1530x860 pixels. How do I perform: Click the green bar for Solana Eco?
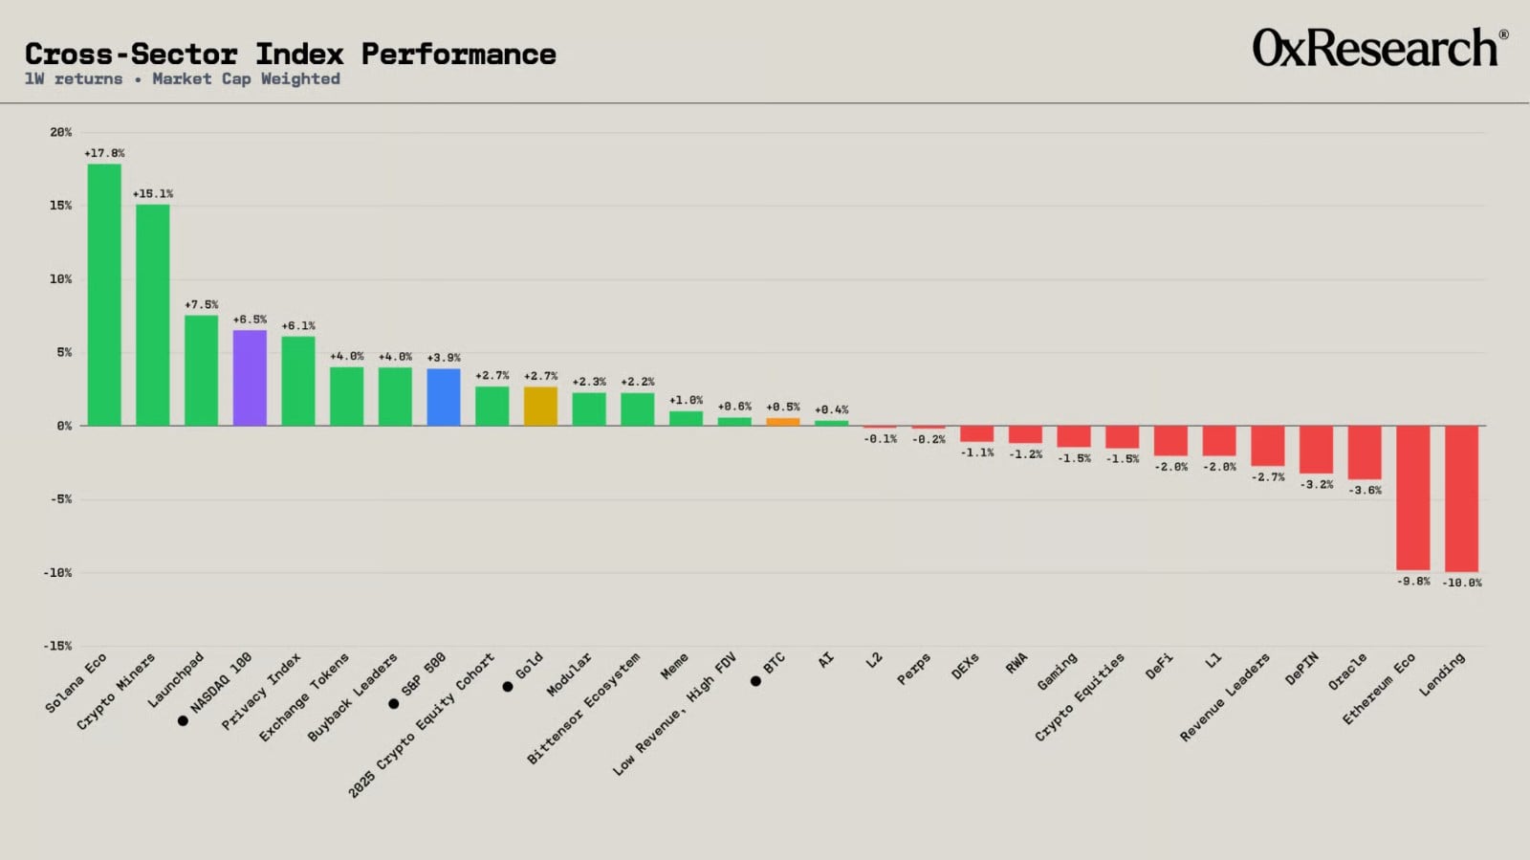pyautogui.click(x=104, y=295)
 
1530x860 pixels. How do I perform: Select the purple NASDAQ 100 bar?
pyautogui.click(x=250, y=378)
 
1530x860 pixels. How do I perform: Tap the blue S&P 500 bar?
pyautogui.click(x=444, y=397)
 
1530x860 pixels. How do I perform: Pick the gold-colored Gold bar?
pyautogui.click(x=541, y=406)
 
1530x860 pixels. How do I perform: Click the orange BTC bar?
pyautogui.click(x=783, y=422)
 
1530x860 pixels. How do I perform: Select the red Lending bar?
pyautogui.click(x=1462, y=498)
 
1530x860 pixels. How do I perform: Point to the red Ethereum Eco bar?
pyautogui.click(x=1413, y=497)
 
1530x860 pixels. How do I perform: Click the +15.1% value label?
pyautogui.click(x=153, y=194)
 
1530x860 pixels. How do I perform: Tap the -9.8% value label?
pyautogui.click(x=1413, y=582)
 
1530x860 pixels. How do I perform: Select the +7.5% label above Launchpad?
pyautogui.click(x=202, y=304)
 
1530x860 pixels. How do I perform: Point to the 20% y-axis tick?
pyautogui.click(x=61, y=133)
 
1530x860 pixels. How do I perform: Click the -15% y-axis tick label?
pyautogui.click(x=57, y=646)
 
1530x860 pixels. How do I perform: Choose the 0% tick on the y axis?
pyautogui.click(x=64, y=427)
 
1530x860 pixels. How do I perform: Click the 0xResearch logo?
pyautogui.click(x=1381, y=47)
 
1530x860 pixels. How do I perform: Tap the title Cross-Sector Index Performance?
pyautogui.click(x=291, y=54)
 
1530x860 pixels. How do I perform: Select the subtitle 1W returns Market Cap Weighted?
pyautogui.click(x=183, y=78)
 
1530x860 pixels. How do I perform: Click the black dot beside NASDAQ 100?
pyautogui.click(x=183, y=720)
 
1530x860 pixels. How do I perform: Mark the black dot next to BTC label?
pyautogui.click(x=755, y=681)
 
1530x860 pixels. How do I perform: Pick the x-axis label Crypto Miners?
pyautogui.click(x=116, y=692)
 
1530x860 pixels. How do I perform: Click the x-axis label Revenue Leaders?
pyautogui.click(x=1225, y=697)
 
